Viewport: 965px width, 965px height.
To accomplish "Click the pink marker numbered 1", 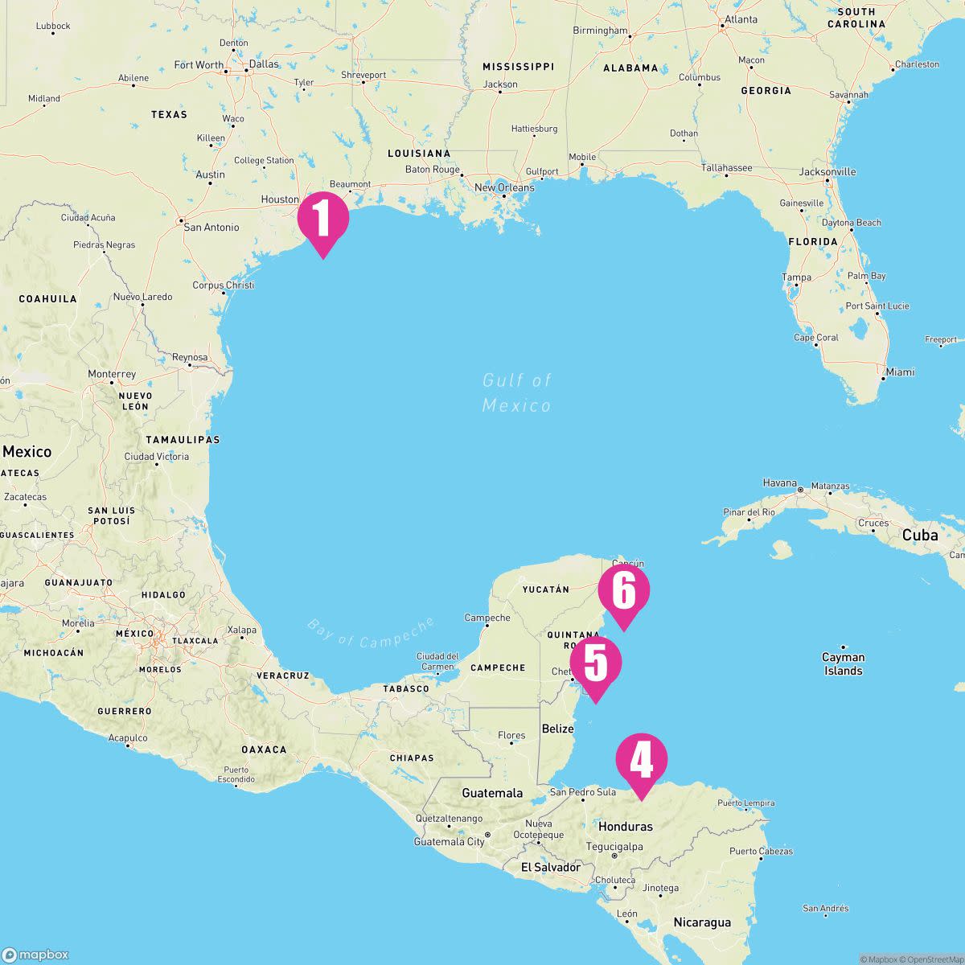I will point(322,218).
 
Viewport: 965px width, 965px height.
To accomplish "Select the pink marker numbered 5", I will point(596,663).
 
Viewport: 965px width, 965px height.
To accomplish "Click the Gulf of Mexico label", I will point(517,392).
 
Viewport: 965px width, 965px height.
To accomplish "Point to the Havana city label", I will point(779,483).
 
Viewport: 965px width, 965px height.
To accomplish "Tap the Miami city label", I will point(899,372).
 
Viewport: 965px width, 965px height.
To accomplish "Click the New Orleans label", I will point(504,188).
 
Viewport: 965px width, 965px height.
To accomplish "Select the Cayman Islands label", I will point(843,663).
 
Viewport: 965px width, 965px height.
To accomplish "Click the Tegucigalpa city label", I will point(615,846).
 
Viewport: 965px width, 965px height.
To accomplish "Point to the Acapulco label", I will point(128,737).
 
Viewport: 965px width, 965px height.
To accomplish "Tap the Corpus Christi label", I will point(224,285).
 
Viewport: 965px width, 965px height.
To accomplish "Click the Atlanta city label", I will point(741,19).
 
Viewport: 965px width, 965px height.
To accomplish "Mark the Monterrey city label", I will point(112,375).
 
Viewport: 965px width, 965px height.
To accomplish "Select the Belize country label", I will point(558,729).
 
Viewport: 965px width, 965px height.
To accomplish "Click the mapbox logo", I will point(35,955).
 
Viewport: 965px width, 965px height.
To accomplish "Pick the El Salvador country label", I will point(551,867).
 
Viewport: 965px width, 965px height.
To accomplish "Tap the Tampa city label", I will point(796,277).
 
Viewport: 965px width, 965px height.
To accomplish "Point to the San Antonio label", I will point(211,228).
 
